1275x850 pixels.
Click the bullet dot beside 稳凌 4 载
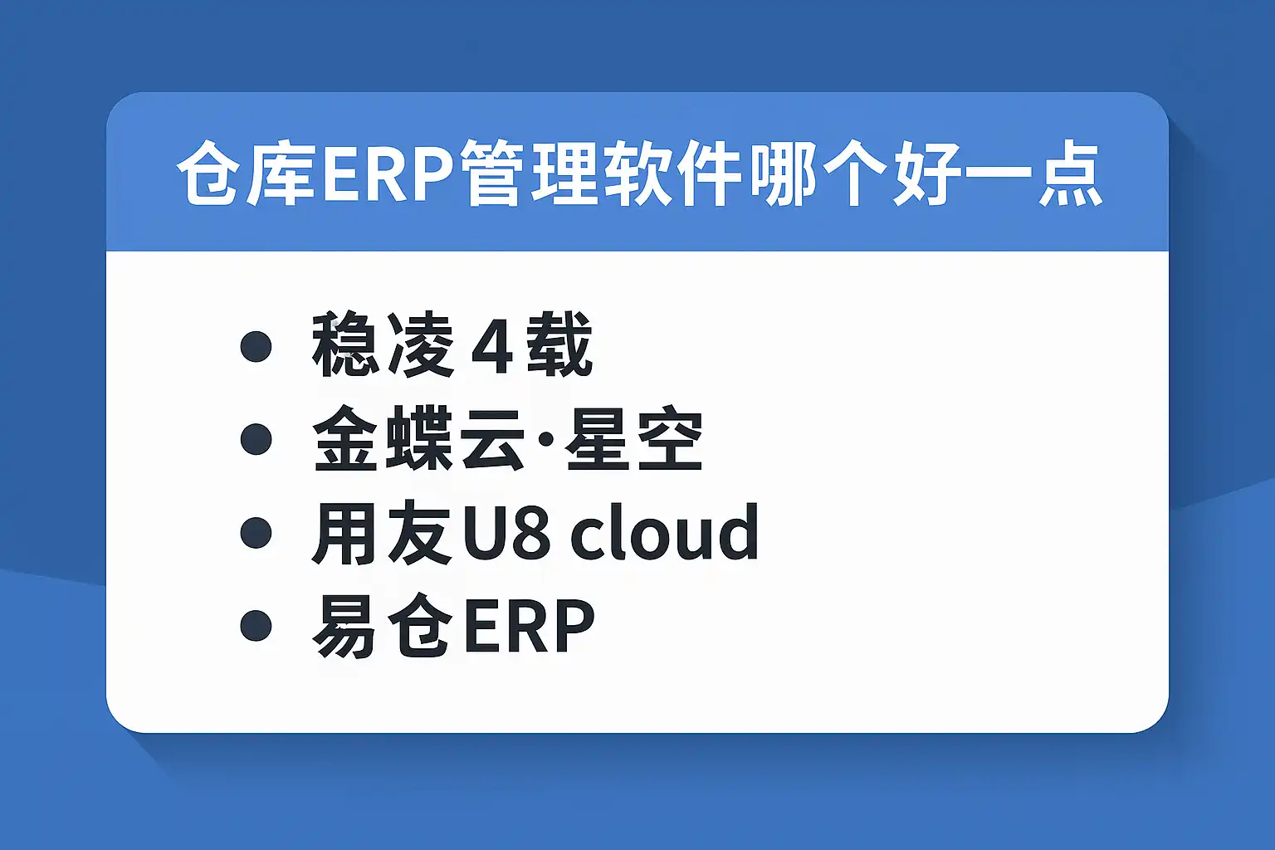tap(256, 346)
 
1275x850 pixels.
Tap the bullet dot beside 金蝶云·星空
tap(256, 439)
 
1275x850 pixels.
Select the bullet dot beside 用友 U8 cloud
tap(256, 532)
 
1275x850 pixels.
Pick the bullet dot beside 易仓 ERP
tap(256, 625)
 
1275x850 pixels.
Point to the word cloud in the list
tap(665, 532)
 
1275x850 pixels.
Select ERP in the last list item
tap(530, 626)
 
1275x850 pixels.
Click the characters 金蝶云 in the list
tap(418, 439)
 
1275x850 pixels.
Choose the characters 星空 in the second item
tap(634, 439)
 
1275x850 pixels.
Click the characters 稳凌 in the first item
tap(383, 345)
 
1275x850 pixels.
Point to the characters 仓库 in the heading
tap(247, 173)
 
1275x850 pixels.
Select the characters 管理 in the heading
tap(530, 173)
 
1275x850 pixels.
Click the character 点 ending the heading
tap(1071, 173)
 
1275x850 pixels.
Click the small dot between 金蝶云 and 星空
tap(545, 439)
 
